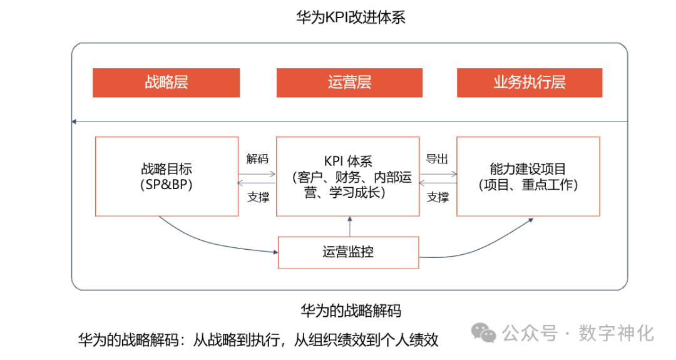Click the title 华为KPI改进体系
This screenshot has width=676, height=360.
[351, 17]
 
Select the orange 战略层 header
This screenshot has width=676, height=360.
[166, 83]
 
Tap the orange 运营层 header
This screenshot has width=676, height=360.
[349, 83]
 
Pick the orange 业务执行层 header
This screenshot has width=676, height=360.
[529, 83]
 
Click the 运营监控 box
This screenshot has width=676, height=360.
[348, 252]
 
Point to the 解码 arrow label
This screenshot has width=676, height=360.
[257, 159]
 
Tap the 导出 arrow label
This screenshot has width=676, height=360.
[437, 159]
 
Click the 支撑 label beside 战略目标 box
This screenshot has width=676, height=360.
[257, 197]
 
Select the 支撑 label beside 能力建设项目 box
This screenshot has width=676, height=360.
[438, 197]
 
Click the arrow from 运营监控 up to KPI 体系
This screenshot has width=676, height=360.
[350, 226]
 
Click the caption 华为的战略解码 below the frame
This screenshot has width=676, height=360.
[351, 311]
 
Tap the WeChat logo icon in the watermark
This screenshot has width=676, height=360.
[484, 332]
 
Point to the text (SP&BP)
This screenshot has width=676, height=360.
[166, 185]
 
